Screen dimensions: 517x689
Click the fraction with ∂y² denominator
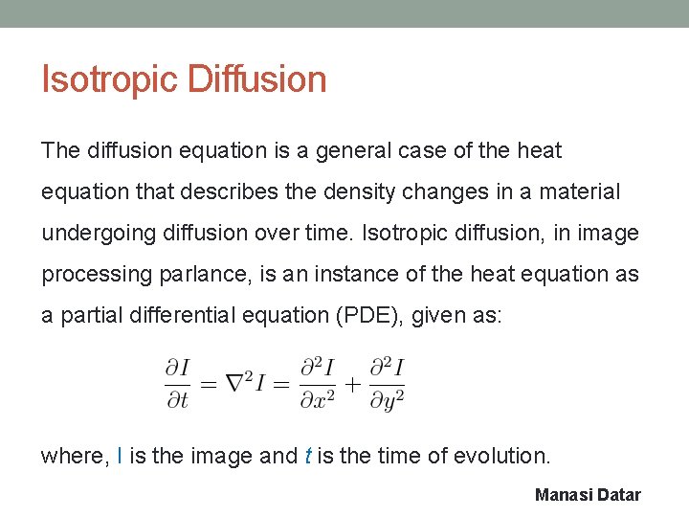coord(386,382)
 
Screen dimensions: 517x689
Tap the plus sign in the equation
coord(351,383)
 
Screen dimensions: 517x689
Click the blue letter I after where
coord(119,457)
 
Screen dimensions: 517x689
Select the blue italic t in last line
coord(307,457)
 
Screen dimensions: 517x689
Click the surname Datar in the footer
coord(620,495)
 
